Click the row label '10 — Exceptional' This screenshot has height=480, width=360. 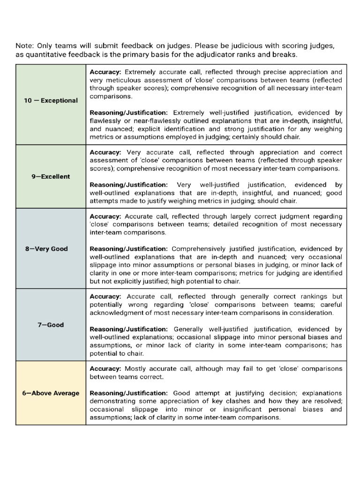pos(51,100)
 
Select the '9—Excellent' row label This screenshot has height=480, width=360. pos(51,176)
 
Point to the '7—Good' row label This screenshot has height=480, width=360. pos(51,324)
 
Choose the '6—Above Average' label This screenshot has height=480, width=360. pos(51,393)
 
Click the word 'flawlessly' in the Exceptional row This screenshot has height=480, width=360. pos(106,121)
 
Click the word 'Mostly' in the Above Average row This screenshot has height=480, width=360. pos(136,368)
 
